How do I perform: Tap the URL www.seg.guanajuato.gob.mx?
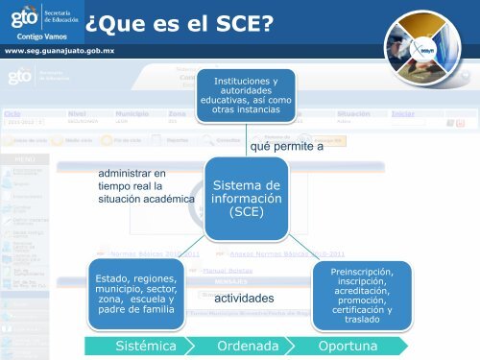pos(60,49)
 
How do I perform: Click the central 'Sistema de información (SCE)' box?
pos(245,199)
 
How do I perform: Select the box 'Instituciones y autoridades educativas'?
pos(245,97)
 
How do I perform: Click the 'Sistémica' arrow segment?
pos(143,345)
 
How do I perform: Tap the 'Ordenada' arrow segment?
pos(248,345)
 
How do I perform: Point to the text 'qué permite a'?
pos(286,146)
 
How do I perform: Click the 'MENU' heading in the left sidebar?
pos(26,159)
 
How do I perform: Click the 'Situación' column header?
pos(357,112)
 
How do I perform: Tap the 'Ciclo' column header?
pos(12,112)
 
